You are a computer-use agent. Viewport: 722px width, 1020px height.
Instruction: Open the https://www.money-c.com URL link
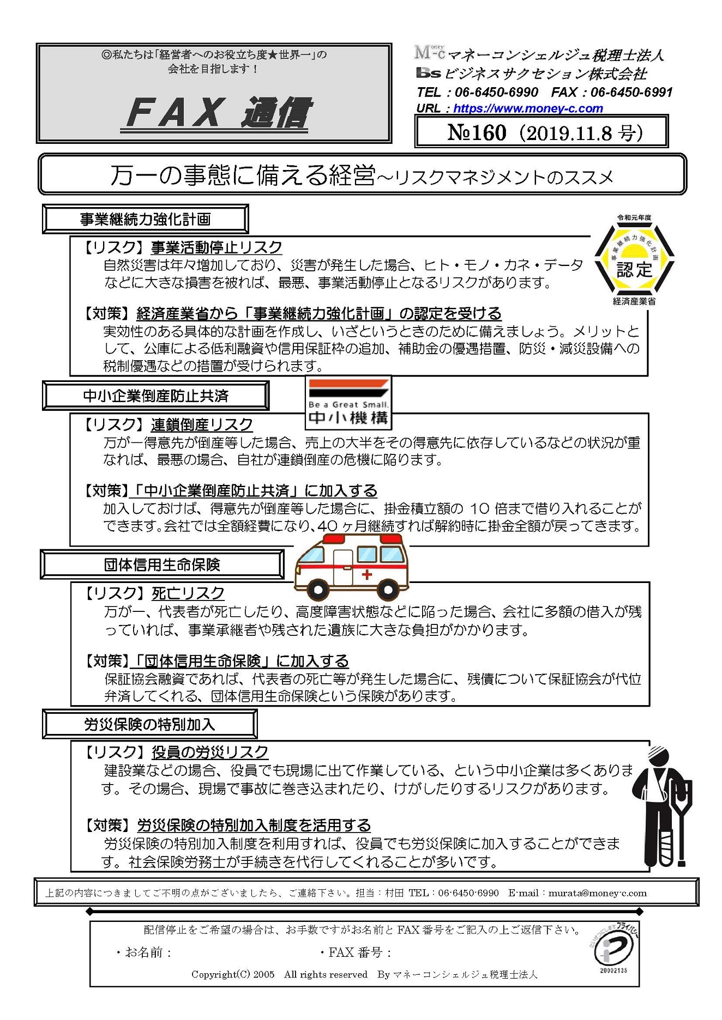[528, 108]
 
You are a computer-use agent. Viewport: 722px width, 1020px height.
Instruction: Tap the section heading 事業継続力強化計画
[145, 219]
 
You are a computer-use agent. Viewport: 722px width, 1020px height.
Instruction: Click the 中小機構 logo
[348, 403]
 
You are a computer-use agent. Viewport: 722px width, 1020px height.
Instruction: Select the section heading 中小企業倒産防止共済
[155, 396]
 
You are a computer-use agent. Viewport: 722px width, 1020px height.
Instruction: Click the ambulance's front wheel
[317, 590]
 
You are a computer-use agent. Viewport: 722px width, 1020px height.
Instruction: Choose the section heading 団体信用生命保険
[162, 564]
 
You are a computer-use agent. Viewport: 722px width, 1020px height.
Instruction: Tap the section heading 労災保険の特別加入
[149, 724]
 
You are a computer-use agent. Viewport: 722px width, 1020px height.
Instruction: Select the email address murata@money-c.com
[597, 893]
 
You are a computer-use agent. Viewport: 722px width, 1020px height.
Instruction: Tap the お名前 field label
[143, 952]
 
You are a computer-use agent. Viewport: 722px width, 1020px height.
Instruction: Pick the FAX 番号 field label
[356, 952]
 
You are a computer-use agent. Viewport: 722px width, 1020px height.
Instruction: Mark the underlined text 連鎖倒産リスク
[202, 424]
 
